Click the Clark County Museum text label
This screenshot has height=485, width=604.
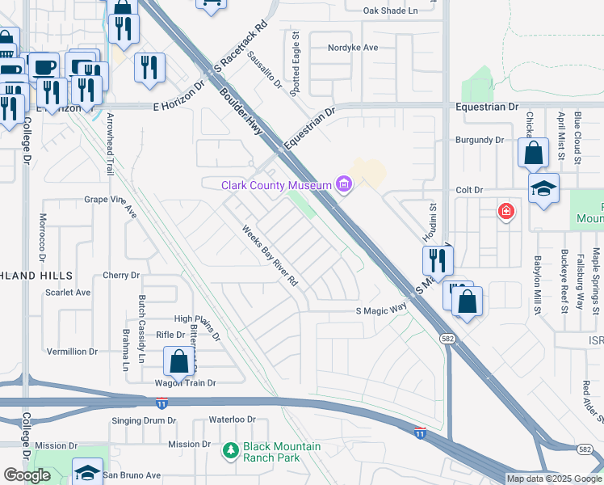click(277, 186)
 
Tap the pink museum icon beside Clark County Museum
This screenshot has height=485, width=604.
click(345, 186)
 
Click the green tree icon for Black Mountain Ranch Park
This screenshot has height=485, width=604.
click(231, 449)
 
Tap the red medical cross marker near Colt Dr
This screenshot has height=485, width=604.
click(506, 212)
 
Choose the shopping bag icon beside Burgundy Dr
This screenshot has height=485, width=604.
click(534, 152)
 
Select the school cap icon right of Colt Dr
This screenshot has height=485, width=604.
click(543, 189)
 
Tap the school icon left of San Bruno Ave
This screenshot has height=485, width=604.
click(87, 471)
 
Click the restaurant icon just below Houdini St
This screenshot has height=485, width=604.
click(438, 259)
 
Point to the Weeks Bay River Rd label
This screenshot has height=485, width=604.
click(271, 255)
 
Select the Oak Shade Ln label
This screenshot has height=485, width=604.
click(390, 11)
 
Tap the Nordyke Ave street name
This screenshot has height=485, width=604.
click(353, 48)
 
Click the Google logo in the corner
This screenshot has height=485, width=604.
click(27, 474)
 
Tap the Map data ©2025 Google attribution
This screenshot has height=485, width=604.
click(553, 479)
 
